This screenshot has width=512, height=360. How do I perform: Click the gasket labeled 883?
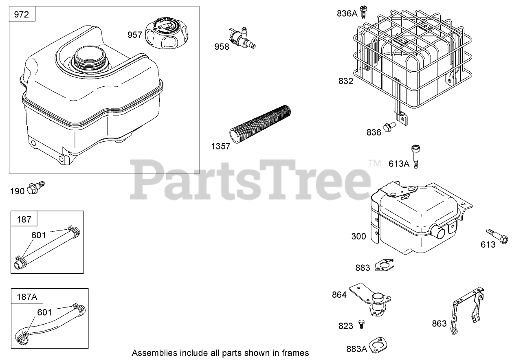384,265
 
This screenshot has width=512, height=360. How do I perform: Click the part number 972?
22,15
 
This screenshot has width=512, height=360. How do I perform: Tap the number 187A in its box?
27,297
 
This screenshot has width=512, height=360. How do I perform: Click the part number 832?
345,81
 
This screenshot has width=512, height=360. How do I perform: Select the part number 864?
339,294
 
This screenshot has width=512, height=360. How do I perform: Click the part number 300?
359,236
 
